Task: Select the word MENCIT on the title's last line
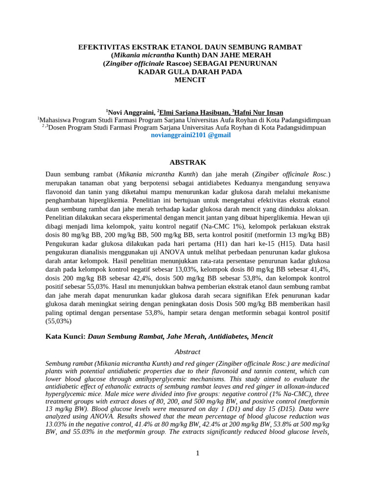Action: point(190,80)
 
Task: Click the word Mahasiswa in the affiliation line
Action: point(58,120)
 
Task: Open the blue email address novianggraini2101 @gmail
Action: point(190,135)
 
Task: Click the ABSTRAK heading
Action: point(188,162)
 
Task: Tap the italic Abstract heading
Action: point(188,352)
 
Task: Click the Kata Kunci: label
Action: point(66,336)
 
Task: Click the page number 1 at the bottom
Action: point(198,453)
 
